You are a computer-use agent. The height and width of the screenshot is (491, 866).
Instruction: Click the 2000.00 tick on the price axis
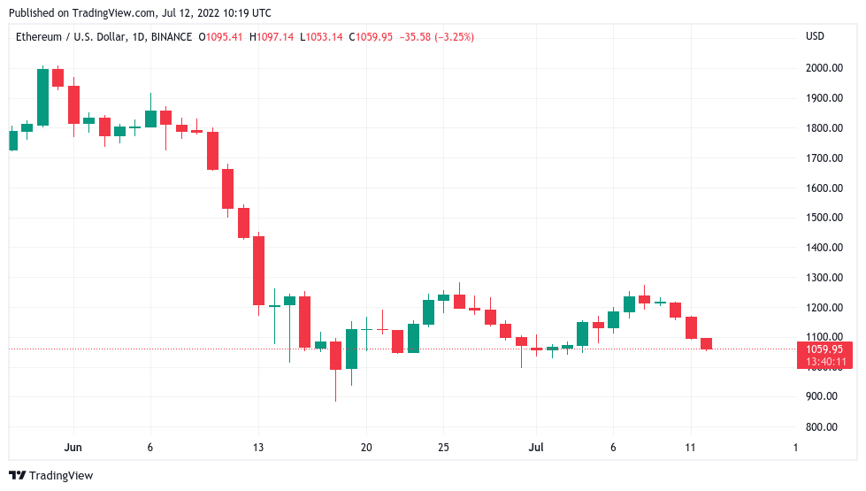(x=823, y=68)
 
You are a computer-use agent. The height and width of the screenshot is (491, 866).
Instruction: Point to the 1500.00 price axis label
(x=823, y=218)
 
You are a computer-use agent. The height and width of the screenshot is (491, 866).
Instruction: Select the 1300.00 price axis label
(x=823, y=278)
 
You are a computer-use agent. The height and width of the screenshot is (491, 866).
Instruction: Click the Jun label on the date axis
(x=73, y=448)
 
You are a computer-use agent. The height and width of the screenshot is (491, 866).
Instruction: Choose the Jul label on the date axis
(x=535, y=448)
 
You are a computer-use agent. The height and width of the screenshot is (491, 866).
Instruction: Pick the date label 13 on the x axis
(x=258, y=448)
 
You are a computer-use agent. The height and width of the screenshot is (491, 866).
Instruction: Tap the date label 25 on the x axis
(x=444, y=448)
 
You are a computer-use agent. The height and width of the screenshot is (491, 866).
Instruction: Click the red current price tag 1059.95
(x=822, y=349)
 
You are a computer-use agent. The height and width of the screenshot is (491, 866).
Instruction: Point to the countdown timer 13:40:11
(x=822, y=361)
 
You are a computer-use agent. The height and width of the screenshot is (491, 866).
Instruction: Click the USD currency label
(x=815, y=36)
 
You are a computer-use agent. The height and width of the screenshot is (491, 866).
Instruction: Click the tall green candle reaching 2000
(x=42, y=97)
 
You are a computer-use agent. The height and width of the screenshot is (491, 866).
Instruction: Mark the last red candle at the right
(x=706, y=343)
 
